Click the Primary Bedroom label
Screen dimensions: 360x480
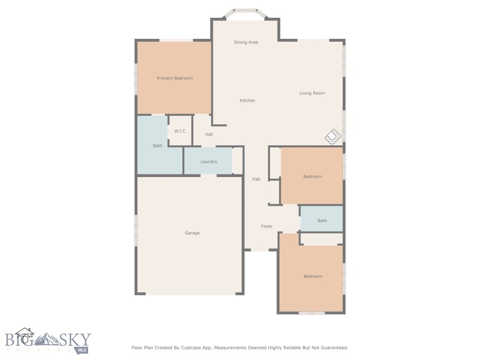click(x=174, y=78)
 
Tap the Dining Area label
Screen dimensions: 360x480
click(x=246, y=42)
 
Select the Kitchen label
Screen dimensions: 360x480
click(x=247, y=100)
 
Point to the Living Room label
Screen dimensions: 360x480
click(x=312, y=93)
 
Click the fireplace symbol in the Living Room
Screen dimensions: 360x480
click(x=333, y=136)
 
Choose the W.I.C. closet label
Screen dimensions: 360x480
click(x=180, y=131)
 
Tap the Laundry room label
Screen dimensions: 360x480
click(x=209, y=162)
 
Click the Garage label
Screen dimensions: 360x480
click(x=192, y=233)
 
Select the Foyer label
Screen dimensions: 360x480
click(x=267, y=226)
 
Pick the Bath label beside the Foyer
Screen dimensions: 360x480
click(x=322, y=221)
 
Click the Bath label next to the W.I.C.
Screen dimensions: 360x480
click(x=157, y=146)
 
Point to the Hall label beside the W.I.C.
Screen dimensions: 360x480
click(x=209, y=135)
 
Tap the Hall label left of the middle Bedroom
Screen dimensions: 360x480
click(x=256, y=179)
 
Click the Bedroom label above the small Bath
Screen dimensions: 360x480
click(x=312, y=177)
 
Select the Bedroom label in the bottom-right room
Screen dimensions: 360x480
click(x=313, y=277)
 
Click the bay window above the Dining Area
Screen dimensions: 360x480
click(x=246, y=11)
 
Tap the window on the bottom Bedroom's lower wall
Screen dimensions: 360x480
click(x=312, y=313)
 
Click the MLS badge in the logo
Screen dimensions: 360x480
click(x=82, y=350)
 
